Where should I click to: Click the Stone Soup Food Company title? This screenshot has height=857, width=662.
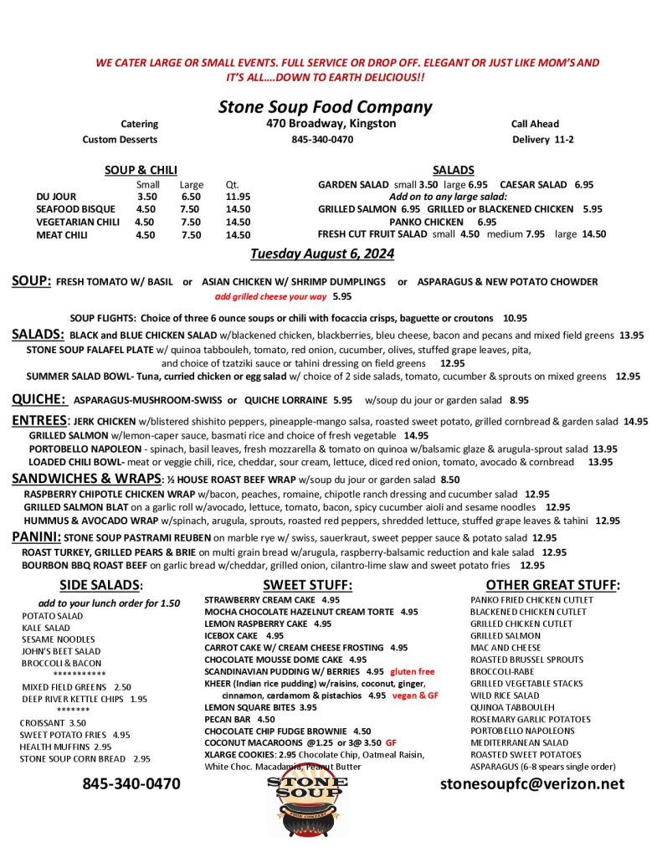coord(325,107)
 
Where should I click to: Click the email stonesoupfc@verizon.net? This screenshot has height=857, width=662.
coord(532,783)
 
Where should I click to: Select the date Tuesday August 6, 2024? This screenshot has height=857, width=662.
coord(321,254)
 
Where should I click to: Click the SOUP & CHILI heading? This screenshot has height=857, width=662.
coord(141,170)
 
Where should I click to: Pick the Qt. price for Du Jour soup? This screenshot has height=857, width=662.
coord(238,197)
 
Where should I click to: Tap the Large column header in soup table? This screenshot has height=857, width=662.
coord(191,184)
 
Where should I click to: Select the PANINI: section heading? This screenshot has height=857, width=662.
coord(36,536)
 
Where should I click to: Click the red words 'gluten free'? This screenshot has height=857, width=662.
coord(413,671)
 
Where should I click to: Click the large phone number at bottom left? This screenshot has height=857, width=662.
coord(131,784)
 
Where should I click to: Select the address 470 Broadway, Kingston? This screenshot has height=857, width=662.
coord(326,124)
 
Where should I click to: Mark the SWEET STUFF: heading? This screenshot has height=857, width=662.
coord(307,584)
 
